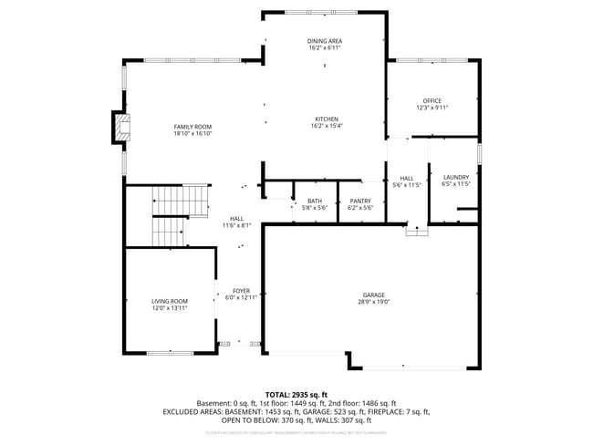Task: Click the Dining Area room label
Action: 324,42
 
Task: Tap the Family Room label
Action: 192,126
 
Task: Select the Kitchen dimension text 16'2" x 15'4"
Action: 327,127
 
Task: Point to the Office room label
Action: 432,100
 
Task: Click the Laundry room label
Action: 455,177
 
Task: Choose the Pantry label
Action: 360,201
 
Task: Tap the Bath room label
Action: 314,201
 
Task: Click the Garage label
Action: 373,295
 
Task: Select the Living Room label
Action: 169,301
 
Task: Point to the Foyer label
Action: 241,290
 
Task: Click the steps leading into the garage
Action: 417,231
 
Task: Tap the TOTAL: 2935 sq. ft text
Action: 296,393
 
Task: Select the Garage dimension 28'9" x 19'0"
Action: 373,302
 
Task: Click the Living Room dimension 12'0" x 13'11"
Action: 169,308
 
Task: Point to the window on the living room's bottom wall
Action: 170,353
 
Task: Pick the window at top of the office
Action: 434,61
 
